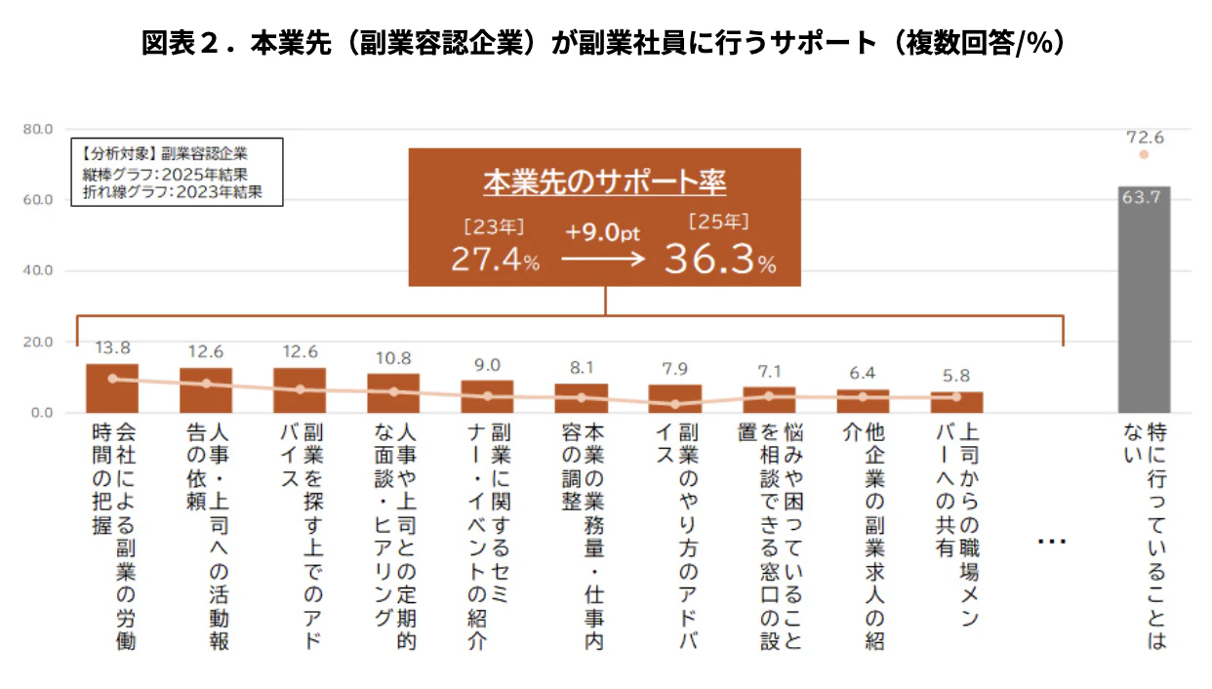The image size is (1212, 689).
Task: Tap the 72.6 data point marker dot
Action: point(1144,154)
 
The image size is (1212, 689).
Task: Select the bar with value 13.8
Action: point(112,388)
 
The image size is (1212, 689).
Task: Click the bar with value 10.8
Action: point(393,393)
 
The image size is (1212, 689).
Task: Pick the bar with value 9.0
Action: point(487,396)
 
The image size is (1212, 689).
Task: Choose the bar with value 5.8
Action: point(956,402)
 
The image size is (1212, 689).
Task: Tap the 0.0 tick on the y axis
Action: point(42,413)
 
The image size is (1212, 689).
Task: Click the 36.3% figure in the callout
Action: point(720,259)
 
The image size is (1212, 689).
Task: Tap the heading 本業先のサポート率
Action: point(605,182)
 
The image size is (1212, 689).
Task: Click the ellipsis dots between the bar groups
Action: point(1051,542)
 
